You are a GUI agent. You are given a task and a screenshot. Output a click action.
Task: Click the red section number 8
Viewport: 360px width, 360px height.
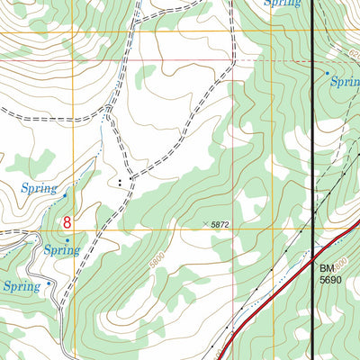pyautogui.click(x=67, y=220)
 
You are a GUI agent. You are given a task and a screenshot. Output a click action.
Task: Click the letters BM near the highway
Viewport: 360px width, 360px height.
pyautogui.click(x=326, y=267)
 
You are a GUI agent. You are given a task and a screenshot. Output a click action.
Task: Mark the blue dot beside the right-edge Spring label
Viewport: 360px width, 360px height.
pyautogui.click(x=327, y=72)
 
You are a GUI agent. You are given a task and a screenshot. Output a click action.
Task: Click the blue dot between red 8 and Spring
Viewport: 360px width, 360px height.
pyautogui.click(x=67, y=239)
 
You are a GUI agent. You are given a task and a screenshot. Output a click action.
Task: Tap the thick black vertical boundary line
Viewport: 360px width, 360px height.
pyautogui.click(x=312, y=135)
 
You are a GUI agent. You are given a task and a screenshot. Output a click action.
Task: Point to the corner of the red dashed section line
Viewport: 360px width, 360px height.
pyautogui.click(x=232, y=61)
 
